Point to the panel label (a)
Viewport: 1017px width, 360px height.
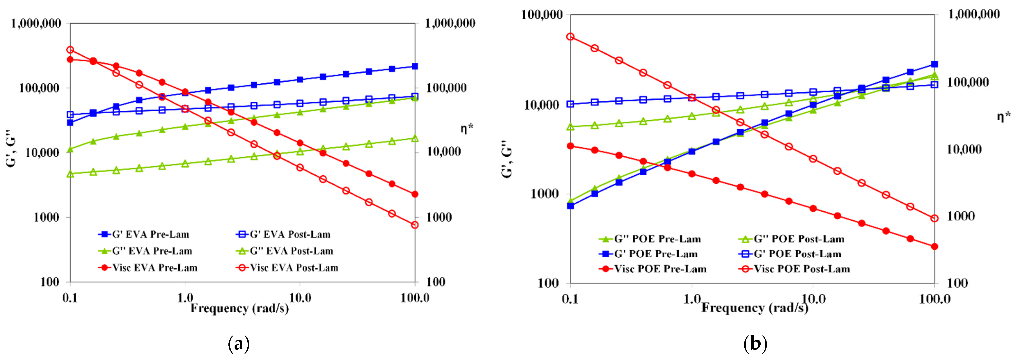239,344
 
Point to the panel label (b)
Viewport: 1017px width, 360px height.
755,344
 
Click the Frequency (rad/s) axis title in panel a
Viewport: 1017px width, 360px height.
240,308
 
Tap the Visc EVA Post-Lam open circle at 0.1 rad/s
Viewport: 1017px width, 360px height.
70,50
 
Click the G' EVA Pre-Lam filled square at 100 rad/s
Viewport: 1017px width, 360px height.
414,66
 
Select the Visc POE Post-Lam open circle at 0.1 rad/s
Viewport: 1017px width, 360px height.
570,37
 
